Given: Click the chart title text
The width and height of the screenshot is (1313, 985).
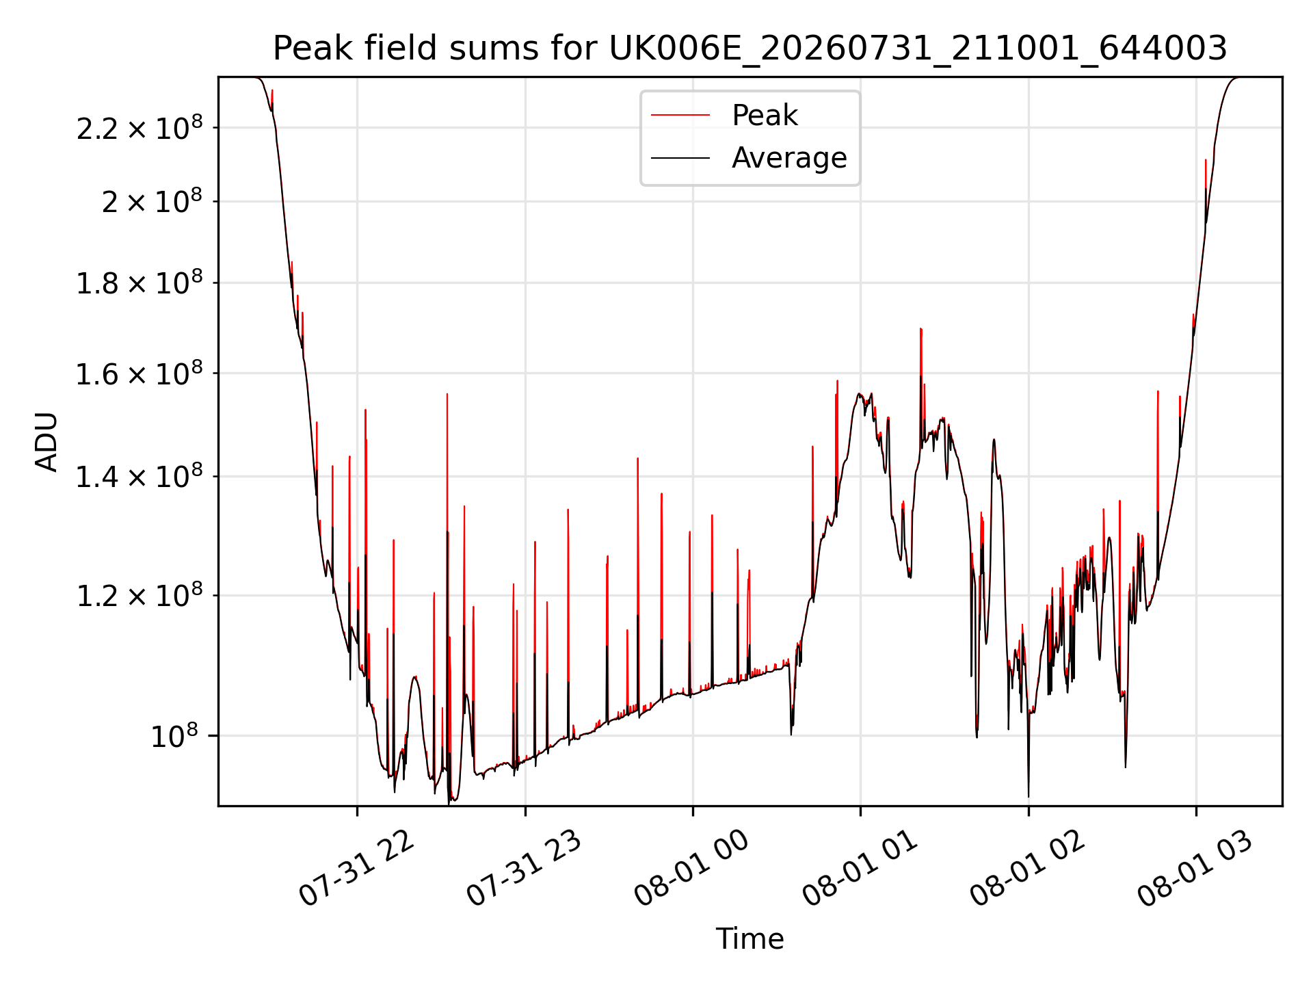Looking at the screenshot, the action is (750, 49).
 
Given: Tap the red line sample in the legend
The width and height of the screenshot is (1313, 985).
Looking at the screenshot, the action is (680, 116).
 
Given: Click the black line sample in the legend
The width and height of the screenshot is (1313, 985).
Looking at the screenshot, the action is (680, 158).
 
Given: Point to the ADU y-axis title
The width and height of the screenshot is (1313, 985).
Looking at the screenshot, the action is (47, 442).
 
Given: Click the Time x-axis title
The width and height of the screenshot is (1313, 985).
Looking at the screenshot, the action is (750, 938).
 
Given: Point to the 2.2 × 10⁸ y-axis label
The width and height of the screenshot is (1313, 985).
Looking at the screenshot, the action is (140, 127).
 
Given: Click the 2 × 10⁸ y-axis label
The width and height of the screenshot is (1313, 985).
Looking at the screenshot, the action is (152, 201).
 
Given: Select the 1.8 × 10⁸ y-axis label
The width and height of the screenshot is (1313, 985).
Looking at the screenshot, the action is (140, 283).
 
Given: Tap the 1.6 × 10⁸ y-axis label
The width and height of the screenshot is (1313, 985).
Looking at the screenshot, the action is (140, 373).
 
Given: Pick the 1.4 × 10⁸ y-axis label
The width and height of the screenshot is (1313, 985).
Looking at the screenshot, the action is (140, 476).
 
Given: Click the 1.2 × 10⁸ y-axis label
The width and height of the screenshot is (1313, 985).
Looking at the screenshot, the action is (140, 595).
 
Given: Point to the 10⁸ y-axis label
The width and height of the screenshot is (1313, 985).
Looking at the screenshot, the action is (174, 736).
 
